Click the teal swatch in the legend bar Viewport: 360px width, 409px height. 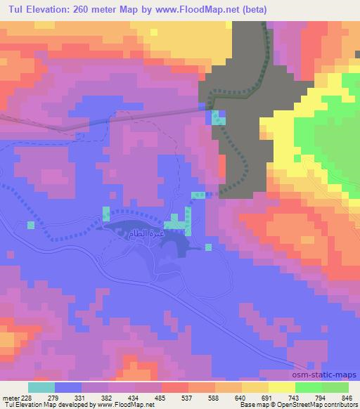(x=41, y=387)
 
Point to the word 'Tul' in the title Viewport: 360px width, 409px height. (x=13, y=8)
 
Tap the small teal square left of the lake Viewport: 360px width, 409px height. (x=31, y=225)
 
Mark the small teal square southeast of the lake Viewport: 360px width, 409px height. (x=209, y=247)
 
